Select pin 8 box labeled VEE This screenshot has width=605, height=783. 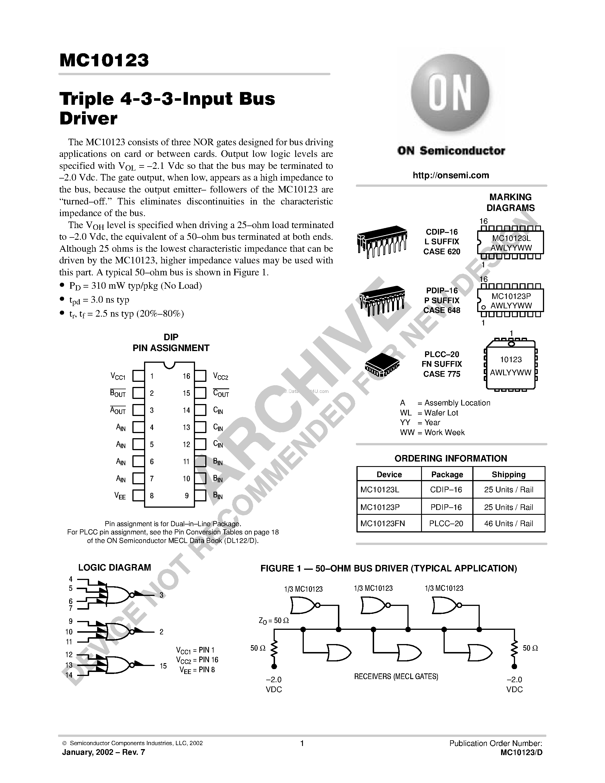(x=138, y=495)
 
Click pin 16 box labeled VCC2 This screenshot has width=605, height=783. (x=200, y=376)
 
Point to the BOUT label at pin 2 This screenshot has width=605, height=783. (x=118, y=393)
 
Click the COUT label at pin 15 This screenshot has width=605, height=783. (x=221, y=393)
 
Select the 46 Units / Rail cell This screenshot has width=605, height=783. (x=508, y=523)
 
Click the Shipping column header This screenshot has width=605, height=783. (x=508, y=474)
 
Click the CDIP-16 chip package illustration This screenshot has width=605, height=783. (x=382, y=241)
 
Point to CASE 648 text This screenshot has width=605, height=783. (x=442, y=310)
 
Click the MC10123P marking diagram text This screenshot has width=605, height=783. (x=511, y=296)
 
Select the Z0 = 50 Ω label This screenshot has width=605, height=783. (x=274, y=620)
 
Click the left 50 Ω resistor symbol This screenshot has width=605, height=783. (x=274, y=648)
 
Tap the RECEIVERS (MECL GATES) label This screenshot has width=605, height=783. (x=396, y=677)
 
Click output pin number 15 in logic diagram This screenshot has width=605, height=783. (x=163, y=666)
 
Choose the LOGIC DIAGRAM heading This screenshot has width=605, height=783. (x=115, y=567)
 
